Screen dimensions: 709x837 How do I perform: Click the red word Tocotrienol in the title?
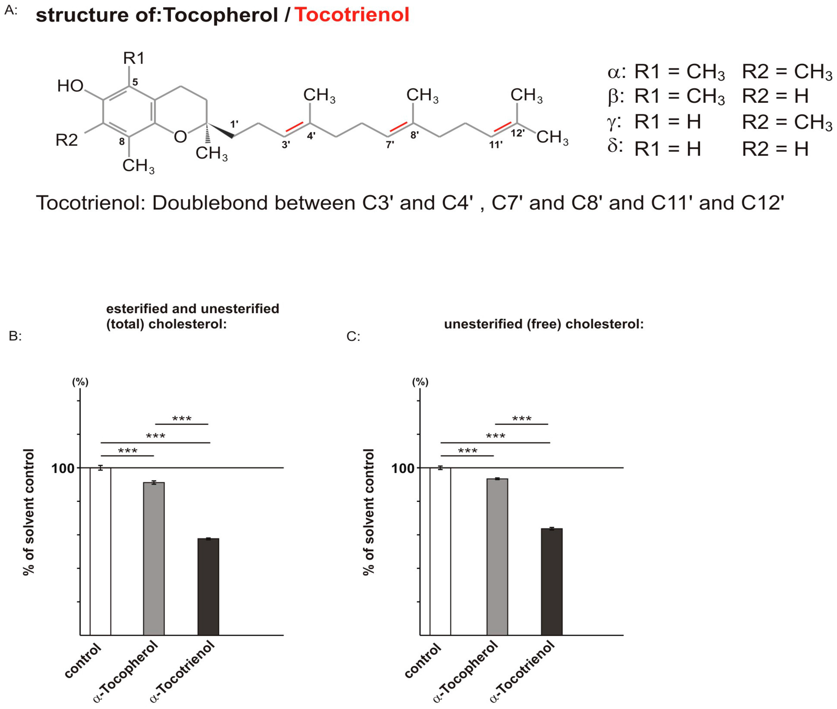pos(352,15)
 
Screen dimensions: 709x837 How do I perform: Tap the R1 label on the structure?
pos(134,58)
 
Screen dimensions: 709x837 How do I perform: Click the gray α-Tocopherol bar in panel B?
pos(154,559)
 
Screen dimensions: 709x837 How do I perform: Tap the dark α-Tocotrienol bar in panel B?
pos(208,587)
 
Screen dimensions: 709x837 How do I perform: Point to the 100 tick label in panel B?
pos(63,468)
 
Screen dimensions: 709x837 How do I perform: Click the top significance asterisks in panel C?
pos(522,419)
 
